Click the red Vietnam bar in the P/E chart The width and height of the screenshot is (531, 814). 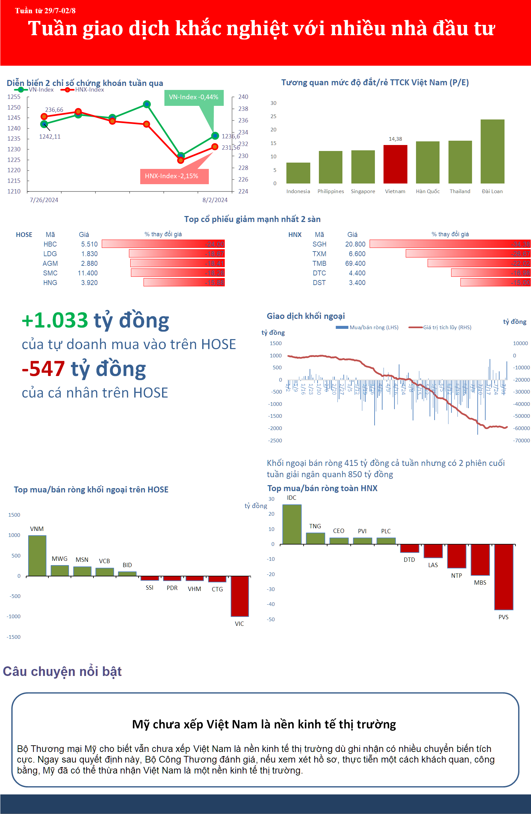pyautogui.click(x=395, y=164)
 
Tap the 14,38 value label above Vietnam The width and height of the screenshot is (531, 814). pyautogui.click(x=395, y=139)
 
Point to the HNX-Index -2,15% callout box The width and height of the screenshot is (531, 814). pyautogui.click(x=174, y=176)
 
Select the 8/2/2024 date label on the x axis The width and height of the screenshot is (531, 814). pyautogui.click(x=214, y=200)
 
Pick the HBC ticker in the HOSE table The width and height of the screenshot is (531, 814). pyautogui.click(x=50, y=244)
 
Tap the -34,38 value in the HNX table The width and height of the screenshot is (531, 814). pyautogui.click(x=520, y=244)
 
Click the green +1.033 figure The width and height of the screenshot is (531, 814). pyautogui.click(x=55, y=320)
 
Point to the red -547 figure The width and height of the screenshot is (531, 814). pyautogui.click(x=43, y=369)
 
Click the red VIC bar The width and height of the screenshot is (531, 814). pyautogui.click(x=240, y=596)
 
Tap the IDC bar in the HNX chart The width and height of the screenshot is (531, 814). pyautogui.click(x=292, y=524)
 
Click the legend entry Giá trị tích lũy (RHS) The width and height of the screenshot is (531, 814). pyautogui.click(x=446, y=327)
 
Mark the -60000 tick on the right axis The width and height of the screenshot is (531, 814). pyautogui.click(x=521, y=428)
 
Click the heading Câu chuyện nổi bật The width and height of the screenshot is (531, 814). pyautogui.click(x=62, y=671)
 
